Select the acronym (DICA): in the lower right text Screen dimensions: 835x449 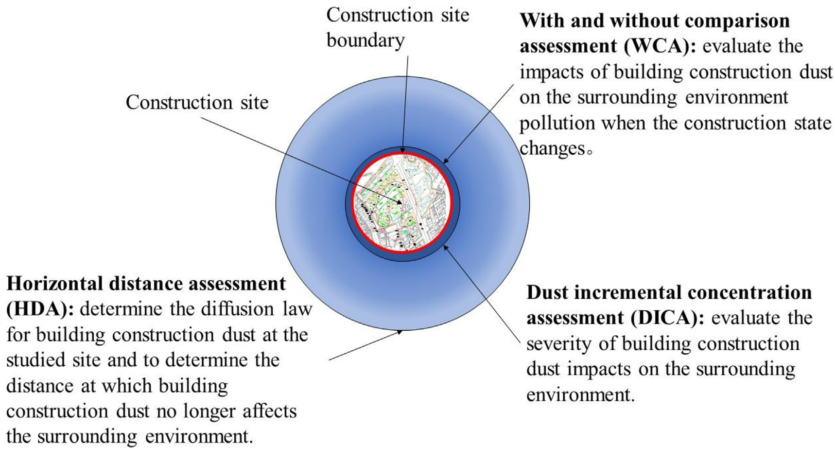[667, 318]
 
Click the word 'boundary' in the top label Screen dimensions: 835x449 [365, 40]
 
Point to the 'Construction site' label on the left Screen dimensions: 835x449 [197, 102]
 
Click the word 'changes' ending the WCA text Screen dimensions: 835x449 [552, 148]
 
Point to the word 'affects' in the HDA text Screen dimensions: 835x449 [270, 411]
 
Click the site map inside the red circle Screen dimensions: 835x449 [402, 202]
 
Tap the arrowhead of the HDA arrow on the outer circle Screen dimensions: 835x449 [400, 332]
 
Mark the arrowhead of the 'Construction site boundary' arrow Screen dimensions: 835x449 [402, 150]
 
